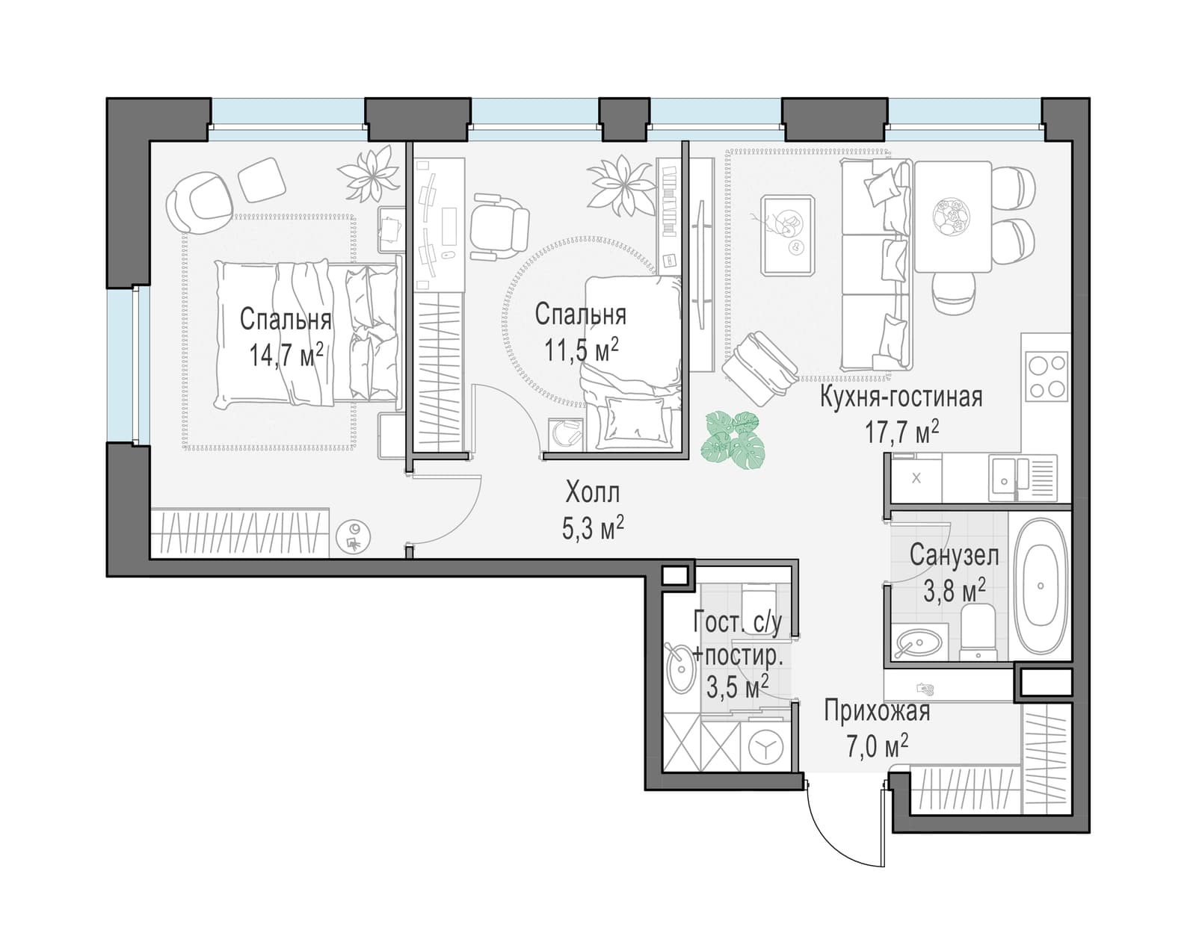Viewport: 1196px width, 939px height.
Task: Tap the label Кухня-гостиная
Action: click(901, 397)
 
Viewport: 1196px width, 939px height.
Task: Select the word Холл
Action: click(593, 492)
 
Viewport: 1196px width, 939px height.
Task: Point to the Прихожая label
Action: click(877, 713)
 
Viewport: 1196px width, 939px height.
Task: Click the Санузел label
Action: click(954, 556)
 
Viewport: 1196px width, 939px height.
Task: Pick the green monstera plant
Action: click(732, 440)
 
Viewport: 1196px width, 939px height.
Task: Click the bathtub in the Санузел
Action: click(1040, 586)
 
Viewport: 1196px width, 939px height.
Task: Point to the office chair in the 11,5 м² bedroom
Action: click(498, 226)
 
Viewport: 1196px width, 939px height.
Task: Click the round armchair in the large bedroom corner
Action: click(200, 202)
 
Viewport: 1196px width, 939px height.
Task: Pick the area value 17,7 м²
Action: click(901, 433)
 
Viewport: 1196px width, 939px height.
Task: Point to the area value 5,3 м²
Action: click(593, 528)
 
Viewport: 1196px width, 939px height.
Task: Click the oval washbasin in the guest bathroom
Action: click(680, 669)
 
